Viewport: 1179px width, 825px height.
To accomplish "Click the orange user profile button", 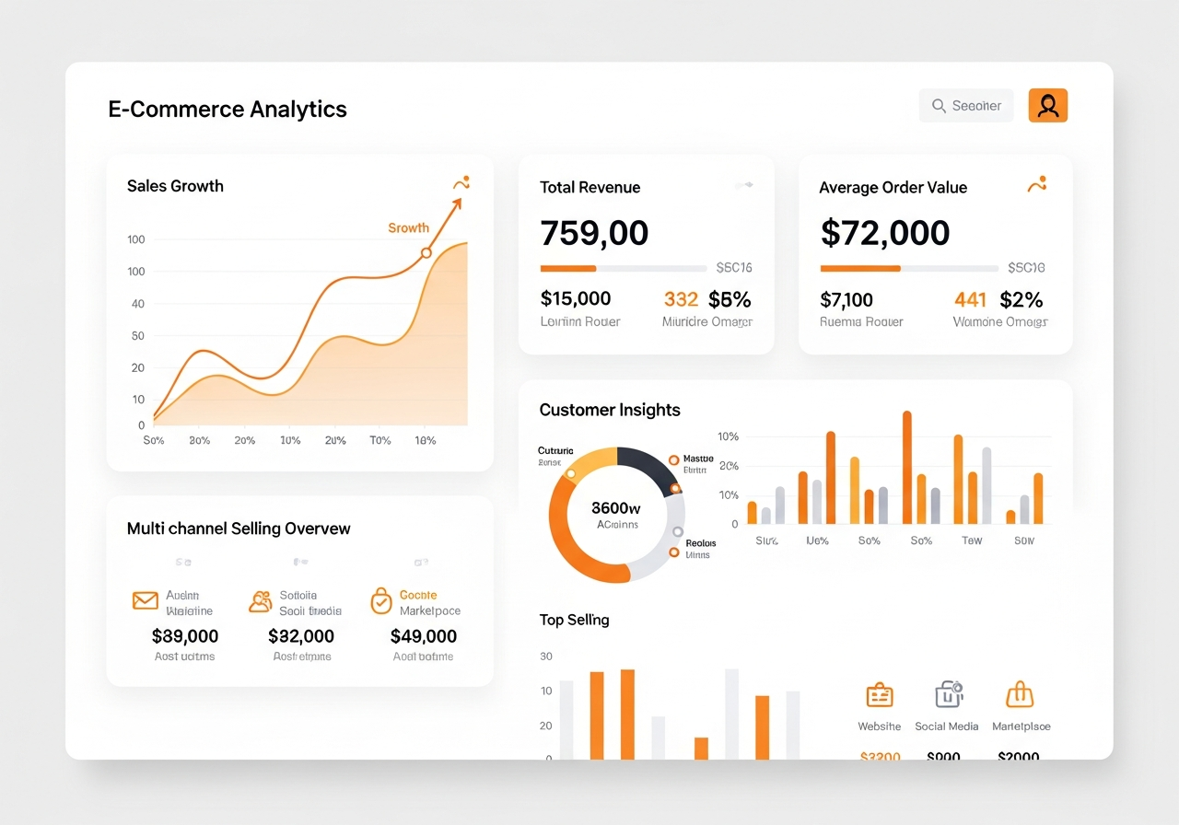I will (x=1047, y=106).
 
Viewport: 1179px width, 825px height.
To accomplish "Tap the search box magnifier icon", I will (x=939, y=106).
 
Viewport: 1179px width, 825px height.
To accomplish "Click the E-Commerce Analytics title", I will (x=228, y=109).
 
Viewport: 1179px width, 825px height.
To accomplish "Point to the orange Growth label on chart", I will (x=408, y=227).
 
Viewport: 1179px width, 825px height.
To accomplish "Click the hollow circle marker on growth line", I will (x=426, y=252).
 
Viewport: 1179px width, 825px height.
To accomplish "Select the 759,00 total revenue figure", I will (x=594, y=233).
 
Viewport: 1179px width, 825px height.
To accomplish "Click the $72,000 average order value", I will (x=884, y=233).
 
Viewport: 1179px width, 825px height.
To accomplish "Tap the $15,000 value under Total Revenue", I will (x=576, y=299).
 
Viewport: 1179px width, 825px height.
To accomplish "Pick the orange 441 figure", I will (x=970, y=299).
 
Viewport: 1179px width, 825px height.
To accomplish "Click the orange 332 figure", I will (x=681, y=299).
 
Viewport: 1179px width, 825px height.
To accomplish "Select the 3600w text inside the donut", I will (x=616, y=507).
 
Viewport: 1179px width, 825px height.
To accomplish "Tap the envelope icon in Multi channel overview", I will (x=146, y=601).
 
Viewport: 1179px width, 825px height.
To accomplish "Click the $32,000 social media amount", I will (x=301, y=636).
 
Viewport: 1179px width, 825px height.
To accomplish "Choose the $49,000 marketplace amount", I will (x=424, y=636).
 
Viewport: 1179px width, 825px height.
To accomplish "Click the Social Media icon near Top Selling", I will (x=948, y=694).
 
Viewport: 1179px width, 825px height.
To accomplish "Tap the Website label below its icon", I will (x=880, y=726).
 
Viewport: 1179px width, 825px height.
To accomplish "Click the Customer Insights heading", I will (x=610, y=410).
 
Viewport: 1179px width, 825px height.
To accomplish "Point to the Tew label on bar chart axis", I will (x=972, y=540).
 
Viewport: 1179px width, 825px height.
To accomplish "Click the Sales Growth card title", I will (x=175, y=186).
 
